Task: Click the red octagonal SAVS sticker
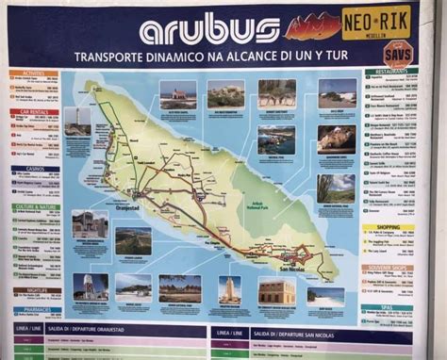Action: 396,53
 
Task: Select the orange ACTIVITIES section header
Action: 34,73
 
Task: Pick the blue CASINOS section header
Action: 34,169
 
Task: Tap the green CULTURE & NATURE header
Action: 35,206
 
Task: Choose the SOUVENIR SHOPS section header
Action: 388,267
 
